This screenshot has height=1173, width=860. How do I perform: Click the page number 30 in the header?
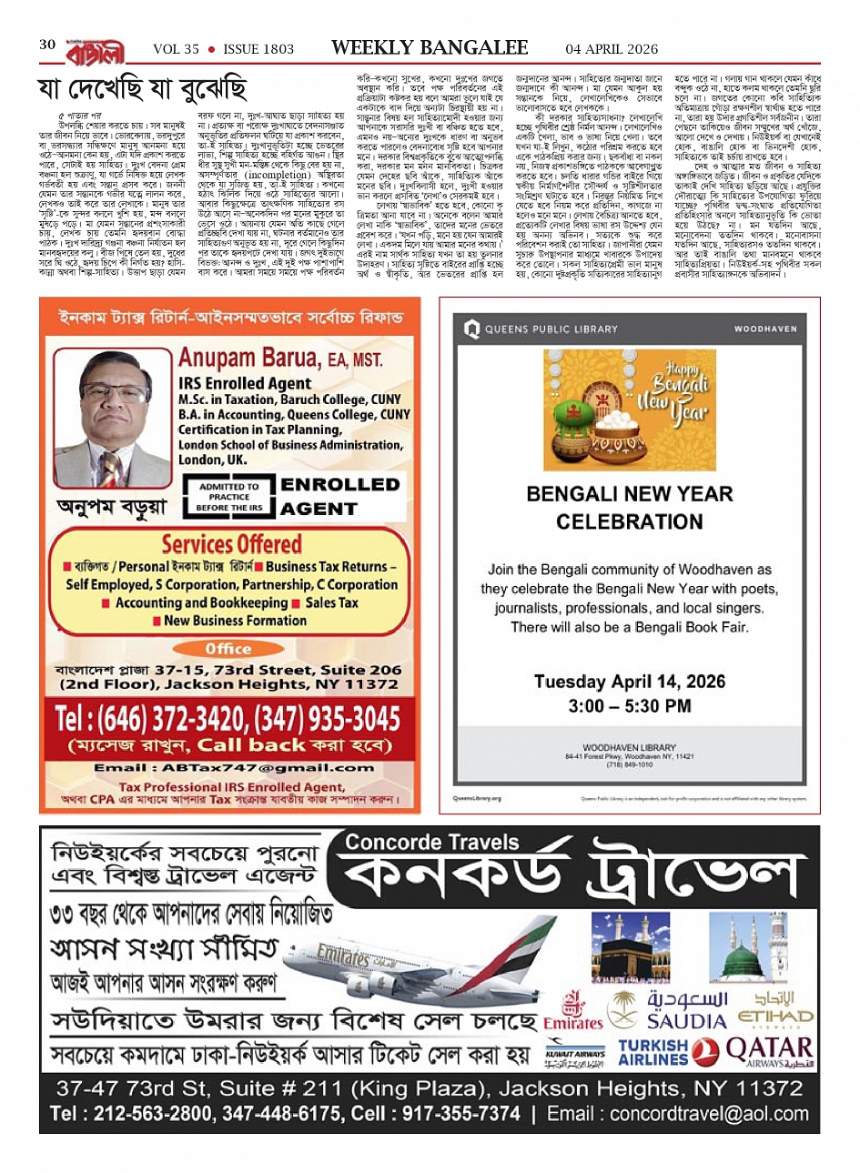coord(47,45)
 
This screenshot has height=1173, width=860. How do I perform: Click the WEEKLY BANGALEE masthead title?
coord(430,47)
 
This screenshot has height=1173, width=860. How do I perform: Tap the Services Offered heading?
coord(231,544)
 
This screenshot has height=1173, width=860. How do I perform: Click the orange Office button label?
coord(228,649)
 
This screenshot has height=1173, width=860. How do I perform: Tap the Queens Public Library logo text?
coord(551,329)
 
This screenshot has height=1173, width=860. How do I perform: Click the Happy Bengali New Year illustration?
coord(629,410)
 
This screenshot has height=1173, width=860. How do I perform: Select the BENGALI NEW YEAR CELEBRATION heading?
coord(629,508)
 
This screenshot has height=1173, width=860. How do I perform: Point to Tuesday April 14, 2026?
coord(629,682)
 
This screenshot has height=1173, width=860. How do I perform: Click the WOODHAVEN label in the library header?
coord(764,329)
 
